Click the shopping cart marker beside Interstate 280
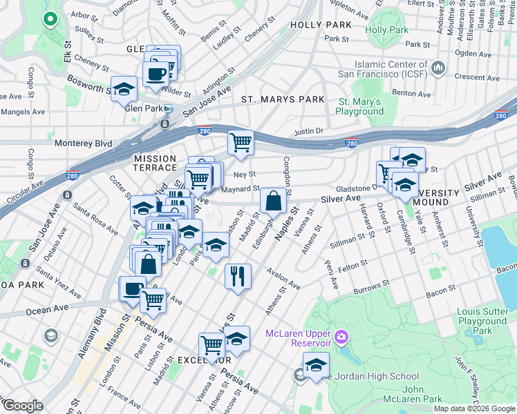coord(241,143)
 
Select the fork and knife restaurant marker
coord(238,276)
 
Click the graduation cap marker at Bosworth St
coord(124,89)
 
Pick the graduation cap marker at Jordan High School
coord(316,364)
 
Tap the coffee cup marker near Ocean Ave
coord(132,289)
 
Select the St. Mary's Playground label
coord(360,106)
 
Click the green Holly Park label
coord(386,30)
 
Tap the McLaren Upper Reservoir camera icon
coord(341,337)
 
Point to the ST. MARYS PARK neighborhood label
coord(283,99)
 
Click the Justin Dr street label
coord(309,130)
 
